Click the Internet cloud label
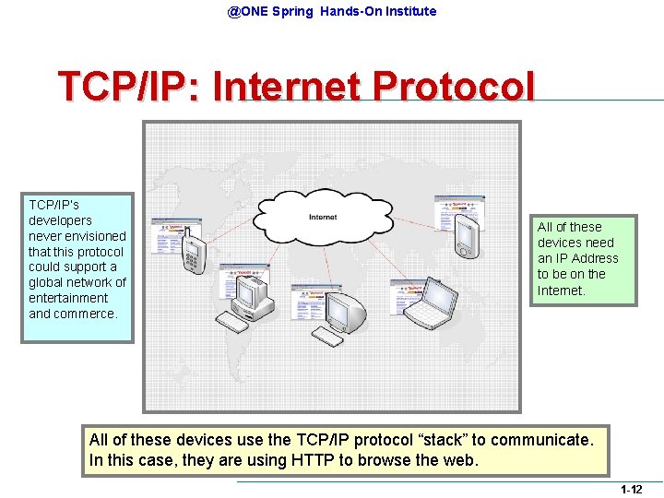(322, 217)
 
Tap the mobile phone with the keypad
(193, 253)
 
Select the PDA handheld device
(467, 237)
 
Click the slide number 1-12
(631, 489)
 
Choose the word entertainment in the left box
(68, 298)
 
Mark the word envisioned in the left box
(89, 236)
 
